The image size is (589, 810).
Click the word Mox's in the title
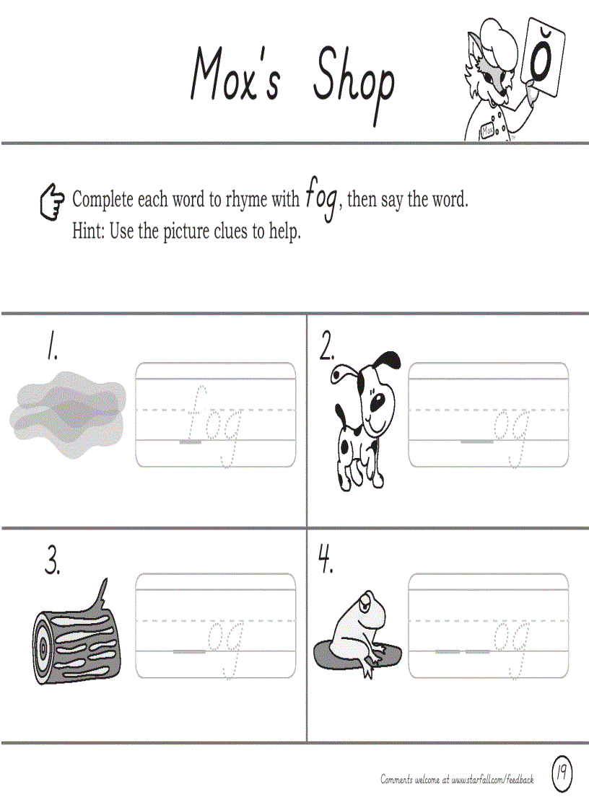pyautogui.click(x=235, y=75)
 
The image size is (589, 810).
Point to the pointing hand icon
pyautogui.click(x=51, y=202)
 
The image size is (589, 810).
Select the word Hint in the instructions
pyautogui.click(x=88, y=232)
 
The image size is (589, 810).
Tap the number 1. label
pyautogui.click(x=51, y=348)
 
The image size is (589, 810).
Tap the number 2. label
pyautogui.click(x=327, y=348)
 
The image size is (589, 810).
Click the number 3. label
pyautogui.click(x=52, y=561)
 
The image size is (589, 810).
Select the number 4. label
pyautogui.click(x=326, y=560)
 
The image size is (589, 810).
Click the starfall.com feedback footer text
pyautogui.click(x=457, y=779)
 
